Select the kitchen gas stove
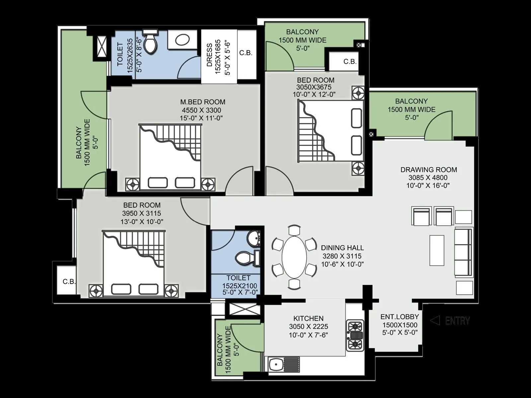(x=355, y=335)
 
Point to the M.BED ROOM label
(x=202, y=102)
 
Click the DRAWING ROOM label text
(x=428, y=169)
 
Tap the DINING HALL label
(x=342, y=247)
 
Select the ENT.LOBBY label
(x=400, y=316)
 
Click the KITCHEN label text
(x=308, y=318)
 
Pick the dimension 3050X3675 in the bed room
(x=314, y=87)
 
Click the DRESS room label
(x=209, y=55)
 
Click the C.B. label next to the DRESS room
(x=246, y=53)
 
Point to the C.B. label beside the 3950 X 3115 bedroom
(x=69, y=282)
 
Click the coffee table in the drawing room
(x=437, y=250)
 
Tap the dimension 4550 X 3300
(x=201, y=110)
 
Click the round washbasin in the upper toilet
(x=182, y=40)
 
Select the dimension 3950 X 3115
(x=142, y=213)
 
